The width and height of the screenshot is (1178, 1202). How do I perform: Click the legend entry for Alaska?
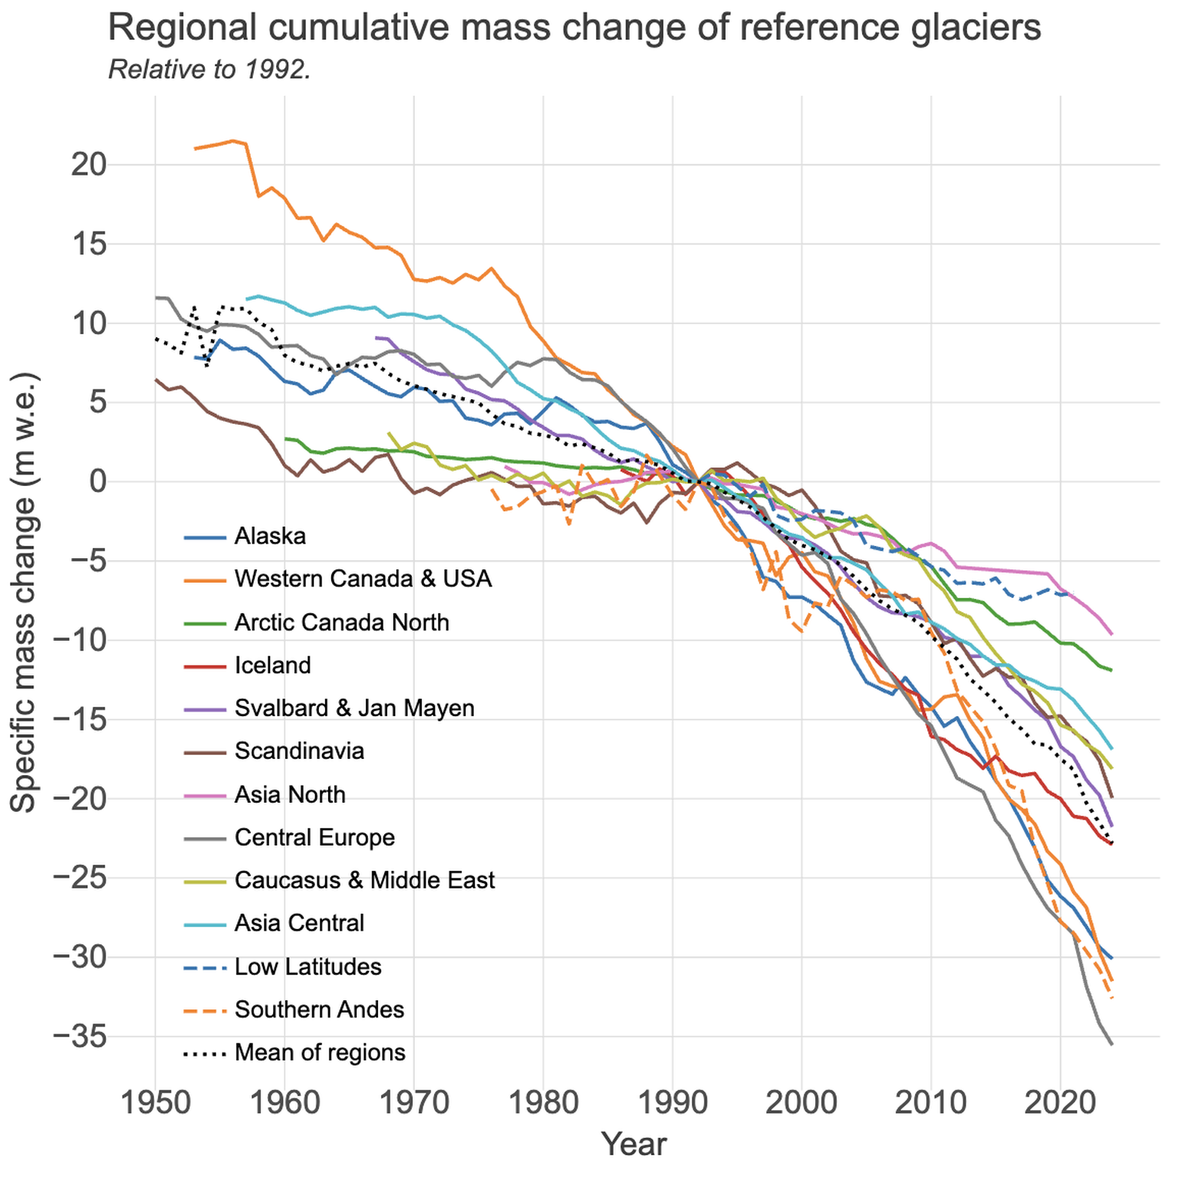click(x=270, y=536)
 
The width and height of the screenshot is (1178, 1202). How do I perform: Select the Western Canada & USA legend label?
click(x=363, y=578)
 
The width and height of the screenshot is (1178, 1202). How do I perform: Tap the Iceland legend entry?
click(x=272, y=665)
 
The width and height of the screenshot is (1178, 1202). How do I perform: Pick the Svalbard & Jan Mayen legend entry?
click(x=354, y=708)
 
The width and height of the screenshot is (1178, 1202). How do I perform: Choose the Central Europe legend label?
click(x=314, y=837)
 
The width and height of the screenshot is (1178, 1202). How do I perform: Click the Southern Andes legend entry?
click(x=319, y=1010)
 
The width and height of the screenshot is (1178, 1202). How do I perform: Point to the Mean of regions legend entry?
click(x=320, y=1053)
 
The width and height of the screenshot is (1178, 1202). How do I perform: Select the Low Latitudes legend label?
click(x=308, y=967)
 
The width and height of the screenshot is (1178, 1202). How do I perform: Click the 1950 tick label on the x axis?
click(x=155, y=1103)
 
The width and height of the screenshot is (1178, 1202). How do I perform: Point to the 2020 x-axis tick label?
click(x=1061, y=1103)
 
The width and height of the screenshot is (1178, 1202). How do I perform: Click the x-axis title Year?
click(x=633, y=1144)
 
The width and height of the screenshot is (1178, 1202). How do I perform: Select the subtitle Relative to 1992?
click(x=209, y=70)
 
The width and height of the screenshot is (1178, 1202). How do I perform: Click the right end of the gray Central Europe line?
click(x=1111, y=1044)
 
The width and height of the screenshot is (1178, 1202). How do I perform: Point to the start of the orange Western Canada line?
click(x=195, y=148)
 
